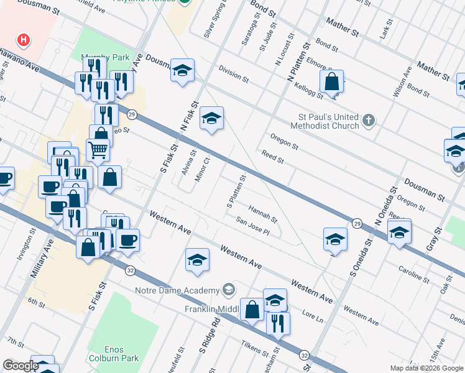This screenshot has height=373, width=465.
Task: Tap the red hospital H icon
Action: (24, 41)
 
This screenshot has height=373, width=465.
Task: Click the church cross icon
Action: (369, 120)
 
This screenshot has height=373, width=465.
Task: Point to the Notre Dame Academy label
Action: (178, 290)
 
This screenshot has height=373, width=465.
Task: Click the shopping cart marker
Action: (98, 149)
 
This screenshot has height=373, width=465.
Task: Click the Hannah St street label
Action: (262, 214)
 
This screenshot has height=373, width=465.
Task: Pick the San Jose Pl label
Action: (252, 226)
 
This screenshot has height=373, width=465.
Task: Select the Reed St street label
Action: (272, 156)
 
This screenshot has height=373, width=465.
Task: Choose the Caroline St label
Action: (414, 275)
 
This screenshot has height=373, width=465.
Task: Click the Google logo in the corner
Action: (21, 366)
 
